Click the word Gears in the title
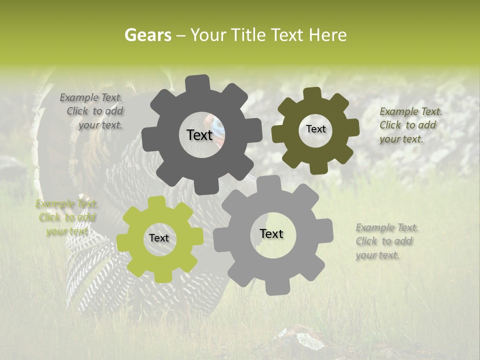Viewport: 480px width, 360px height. click(x=147, y=35)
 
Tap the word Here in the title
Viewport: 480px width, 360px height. click(x=328, y=35)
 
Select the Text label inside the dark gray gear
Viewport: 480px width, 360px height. click(x=199, y=135)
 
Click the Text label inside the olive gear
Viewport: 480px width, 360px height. click(x=315, y=129)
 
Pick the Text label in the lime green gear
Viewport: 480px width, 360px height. click(x=159, y=238)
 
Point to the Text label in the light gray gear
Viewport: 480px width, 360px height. click(x=271, y=233)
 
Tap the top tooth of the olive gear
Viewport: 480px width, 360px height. click(x=312, y=94)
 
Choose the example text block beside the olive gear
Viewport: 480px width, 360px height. click(x=410, y=125)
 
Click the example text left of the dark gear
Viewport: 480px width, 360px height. click(x=93, y=111)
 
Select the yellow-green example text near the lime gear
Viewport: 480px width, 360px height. click(x=66, y=217)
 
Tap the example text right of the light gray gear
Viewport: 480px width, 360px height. click(x=386, y=241)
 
